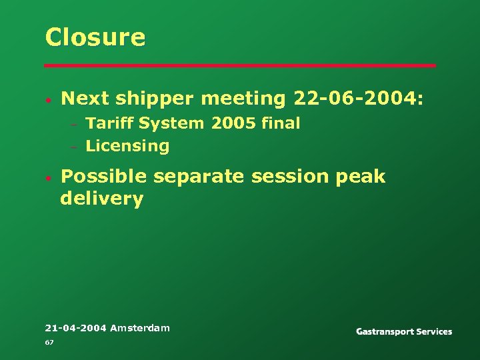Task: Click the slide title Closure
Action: pos(95,37)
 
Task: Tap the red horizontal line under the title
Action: pos(240,65)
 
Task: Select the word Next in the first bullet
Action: pos(85,99)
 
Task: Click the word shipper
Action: pos(153,99)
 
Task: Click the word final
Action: pos(281,123)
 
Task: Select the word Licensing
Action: pos(127,146)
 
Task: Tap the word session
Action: pos(290,177)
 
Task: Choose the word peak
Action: pos(361,177)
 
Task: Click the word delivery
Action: pos(101,199)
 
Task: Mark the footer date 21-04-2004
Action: pos(75,328)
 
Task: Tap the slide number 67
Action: pos(49,342)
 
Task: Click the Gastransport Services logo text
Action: pos(404,331)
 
